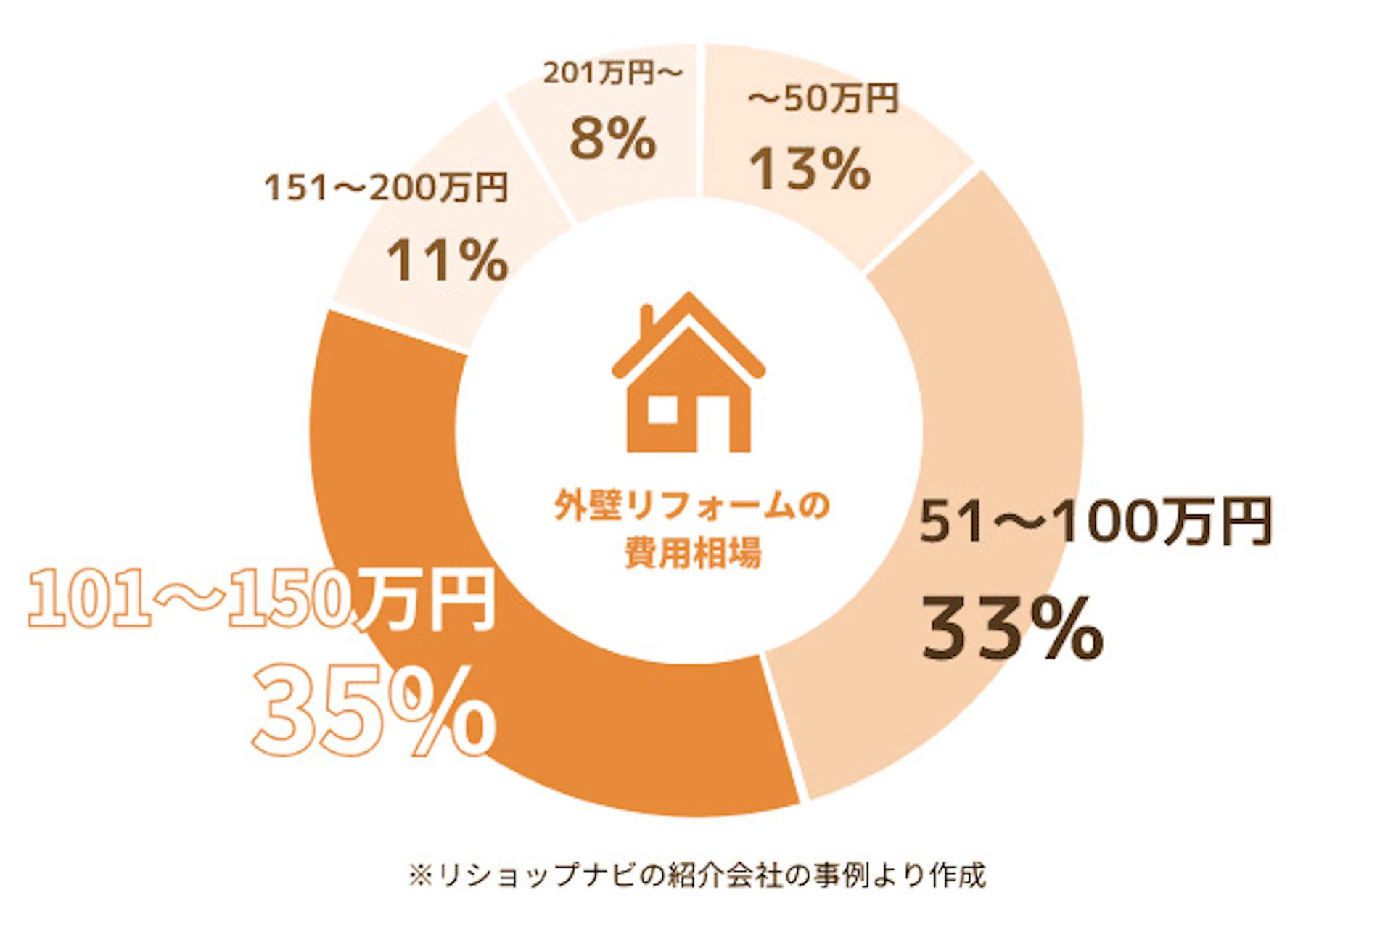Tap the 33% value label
coord(1013,629)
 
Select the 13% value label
coord(810,169)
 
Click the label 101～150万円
coord(261,599)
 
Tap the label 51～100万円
coord(1096,521)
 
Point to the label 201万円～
coord(613,73)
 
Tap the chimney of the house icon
coord(646,319)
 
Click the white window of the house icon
coord(662,409)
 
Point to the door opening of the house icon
coord(713,424)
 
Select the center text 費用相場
coord(693,553)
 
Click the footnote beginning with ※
coord(696,875)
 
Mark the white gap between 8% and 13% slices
coord(699,120)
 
